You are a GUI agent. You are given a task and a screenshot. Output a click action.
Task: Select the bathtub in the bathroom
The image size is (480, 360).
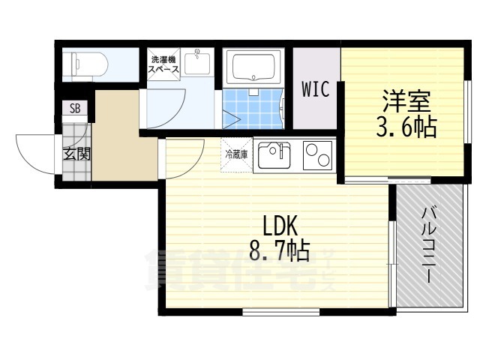256,67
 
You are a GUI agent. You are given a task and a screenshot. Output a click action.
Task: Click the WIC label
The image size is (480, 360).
316,90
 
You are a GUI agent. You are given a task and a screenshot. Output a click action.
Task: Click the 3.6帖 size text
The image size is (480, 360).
405,127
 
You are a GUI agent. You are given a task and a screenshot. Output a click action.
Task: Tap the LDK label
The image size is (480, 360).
280,224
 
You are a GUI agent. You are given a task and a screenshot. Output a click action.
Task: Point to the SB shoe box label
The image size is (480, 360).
75,109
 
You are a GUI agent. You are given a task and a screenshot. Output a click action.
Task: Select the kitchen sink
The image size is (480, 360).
274,155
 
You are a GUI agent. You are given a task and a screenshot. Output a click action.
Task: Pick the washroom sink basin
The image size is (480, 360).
197,63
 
